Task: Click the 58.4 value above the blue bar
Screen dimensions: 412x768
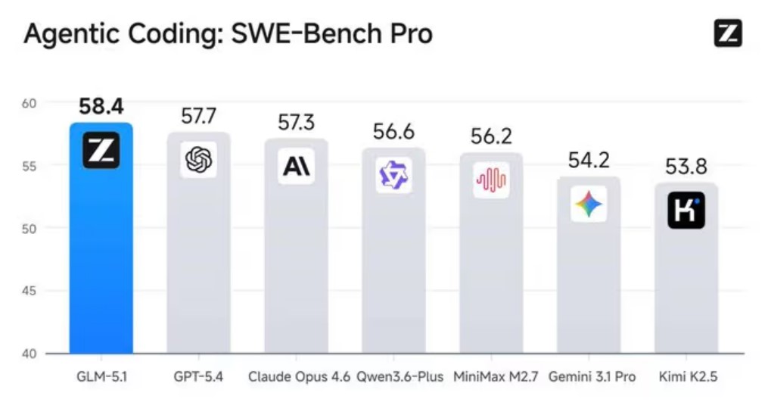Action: click(101, 107)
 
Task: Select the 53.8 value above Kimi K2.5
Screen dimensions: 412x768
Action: click(686, 167)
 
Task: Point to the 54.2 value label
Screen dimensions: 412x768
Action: click(588, 161)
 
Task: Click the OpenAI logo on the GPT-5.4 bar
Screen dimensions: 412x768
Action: click(198, 160)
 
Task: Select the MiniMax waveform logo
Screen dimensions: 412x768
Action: click(491, 180)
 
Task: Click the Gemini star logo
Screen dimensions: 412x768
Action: click(589, 204)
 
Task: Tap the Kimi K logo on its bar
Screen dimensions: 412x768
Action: click(686, 211)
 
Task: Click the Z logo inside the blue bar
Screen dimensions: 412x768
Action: click(101, 150)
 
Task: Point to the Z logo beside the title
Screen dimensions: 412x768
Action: click(728, 33)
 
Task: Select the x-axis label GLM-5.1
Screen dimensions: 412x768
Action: click(101, 376)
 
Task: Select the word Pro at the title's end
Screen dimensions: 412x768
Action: click(408, 34)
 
